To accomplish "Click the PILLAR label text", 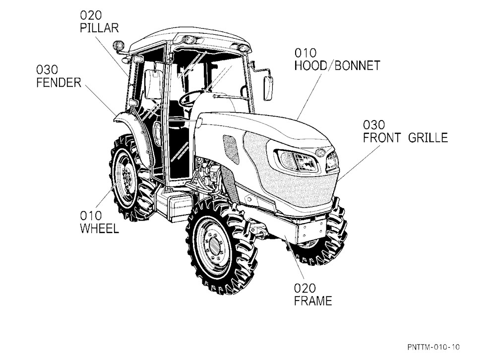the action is point(99,28).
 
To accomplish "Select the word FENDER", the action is point(59,83).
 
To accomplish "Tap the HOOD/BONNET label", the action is point(337,65).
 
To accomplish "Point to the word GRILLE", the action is point(428,138).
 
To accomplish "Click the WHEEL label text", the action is point(100,229).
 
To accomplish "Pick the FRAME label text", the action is point(313,300).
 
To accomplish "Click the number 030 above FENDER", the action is point(47,69).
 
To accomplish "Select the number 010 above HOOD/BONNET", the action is point(306,53).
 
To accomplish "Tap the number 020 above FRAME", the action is point(305,288).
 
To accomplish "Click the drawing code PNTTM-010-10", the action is point(434,347).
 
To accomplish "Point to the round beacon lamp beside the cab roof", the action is point(119,45).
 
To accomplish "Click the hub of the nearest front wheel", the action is point(214,245).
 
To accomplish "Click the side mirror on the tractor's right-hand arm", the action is point(268,88).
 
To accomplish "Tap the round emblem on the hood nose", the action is point(320,152).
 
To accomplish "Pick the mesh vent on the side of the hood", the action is point(231,149).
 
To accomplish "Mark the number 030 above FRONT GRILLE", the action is point(374,125).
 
